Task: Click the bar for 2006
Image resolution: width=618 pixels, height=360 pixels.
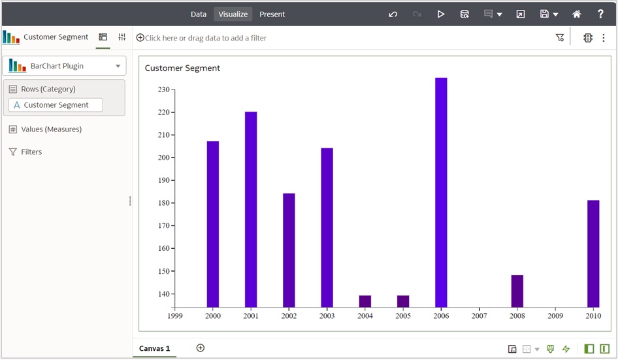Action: click(x=441, y=192)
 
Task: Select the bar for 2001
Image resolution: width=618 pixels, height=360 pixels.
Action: click(x=251, y=209)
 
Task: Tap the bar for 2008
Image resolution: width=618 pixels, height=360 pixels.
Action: click(x=517, y=291)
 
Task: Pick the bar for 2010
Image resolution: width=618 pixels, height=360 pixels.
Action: click(x=593, y=254)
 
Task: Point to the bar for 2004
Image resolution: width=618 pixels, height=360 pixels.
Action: click(x=365, y=301)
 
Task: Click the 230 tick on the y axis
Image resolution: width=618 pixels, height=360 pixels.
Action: click(x=163, y=90)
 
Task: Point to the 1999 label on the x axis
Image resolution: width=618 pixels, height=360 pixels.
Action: click(x=174, y=316)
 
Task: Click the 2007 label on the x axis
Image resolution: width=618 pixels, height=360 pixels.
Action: click(x=480, y=316)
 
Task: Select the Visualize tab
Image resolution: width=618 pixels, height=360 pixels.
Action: click(x=233, y=14)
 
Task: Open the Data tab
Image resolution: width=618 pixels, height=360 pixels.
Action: click(x=199, y=14)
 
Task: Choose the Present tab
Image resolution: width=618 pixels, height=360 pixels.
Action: click(x=272, y=14)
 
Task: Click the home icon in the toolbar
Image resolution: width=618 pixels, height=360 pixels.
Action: click(x=577, y=14)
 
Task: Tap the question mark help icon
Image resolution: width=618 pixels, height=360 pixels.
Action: click(x=600, y=14)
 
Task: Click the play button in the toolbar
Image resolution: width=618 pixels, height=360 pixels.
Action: click(x=441, y=14)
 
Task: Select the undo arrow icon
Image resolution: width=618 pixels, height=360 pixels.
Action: click(x=393, y=14)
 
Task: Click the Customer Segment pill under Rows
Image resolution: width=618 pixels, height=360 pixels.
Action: click(x=56, y=105)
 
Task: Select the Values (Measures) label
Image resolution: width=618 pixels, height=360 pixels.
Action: click(x=51, y=129)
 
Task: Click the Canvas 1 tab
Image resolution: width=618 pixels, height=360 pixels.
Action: click(x=154, y=348)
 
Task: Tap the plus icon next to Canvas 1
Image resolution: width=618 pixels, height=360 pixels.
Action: click(x=201, y=348)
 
